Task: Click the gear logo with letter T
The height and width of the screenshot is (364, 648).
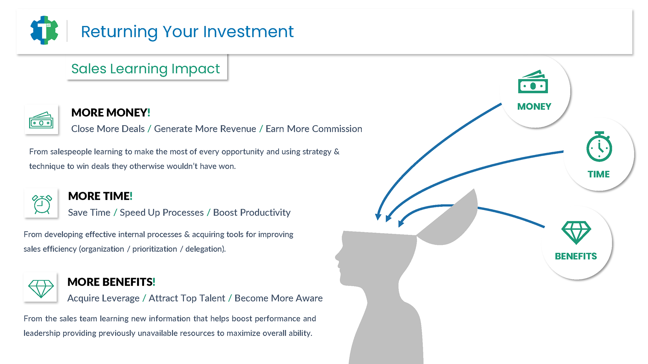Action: point(44,30)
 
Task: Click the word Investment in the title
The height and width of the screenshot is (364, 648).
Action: point(248,32)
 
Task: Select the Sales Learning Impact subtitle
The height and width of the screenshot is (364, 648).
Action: point(145,69)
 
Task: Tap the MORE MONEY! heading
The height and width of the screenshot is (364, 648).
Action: point(111,113)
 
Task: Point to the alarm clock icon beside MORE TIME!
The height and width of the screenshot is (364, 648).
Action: point(42,204)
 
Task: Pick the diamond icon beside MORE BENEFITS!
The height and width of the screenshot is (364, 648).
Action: point(41,289)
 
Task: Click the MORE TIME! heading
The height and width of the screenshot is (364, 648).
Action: point(100,196)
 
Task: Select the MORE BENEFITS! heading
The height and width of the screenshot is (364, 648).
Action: point(111,282)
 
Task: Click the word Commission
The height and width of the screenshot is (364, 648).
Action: point(337,129)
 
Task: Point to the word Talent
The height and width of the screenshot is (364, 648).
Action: point(212,298)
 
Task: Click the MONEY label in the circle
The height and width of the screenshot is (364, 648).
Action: point(534,107)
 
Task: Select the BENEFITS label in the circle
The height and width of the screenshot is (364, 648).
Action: point(576,256)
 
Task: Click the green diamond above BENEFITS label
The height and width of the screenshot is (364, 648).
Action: point(576,233)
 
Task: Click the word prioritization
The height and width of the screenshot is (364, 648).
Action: point(155,249)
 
